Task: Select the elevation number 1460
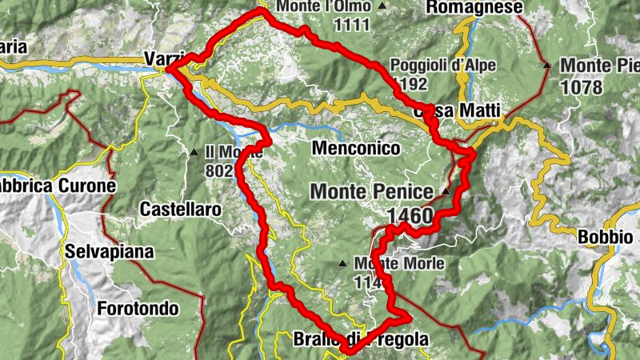410,216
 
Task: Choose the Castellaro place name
180,210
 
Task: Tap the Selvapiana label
110,252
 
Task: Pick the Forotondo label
138,308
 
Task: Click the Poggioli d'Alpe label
443,66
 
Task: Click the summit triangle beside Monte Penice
446,191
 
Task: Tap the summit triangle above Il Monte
194,151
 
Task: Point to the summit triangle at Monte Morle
342,262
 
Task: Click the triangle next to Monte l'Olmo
382,6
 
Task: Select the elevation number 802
219,170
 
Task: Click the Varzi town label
158,58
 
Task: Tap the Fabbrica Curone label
56,186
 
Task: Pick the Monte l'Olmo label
324,6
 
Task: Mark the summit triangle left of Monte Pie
547,65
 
